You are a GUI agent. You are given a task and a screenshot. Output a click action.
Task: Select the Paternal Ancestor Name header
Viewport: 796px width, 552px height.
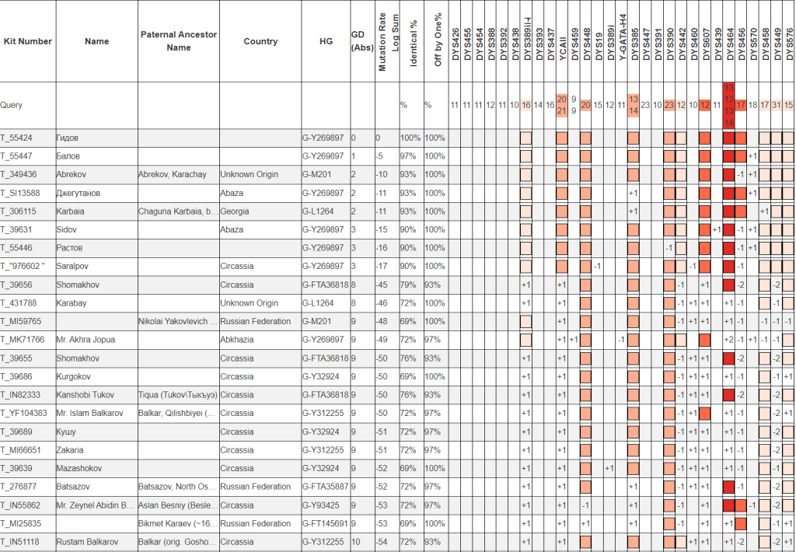[x=179, y=41]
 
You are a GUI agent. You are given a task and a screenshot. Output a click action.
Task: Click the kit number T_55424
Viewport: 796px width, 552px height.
[x=18, y=138]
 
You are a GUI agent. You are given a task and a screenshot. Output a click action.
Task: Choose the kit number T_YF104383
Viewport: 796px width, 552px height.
[x=24, y=413]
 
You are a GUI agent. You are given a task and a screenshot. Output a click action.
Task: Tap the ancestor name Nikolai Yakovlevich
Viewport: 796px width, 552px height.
[x=177, y=321]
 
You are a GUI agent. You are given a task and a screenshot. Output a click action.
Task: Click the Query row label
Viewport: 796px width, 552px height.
[x=11, y=104]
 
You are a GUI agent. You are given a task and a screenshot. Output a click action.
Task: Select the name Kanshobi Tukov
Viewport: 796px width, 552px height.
[x=86, y=395]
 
